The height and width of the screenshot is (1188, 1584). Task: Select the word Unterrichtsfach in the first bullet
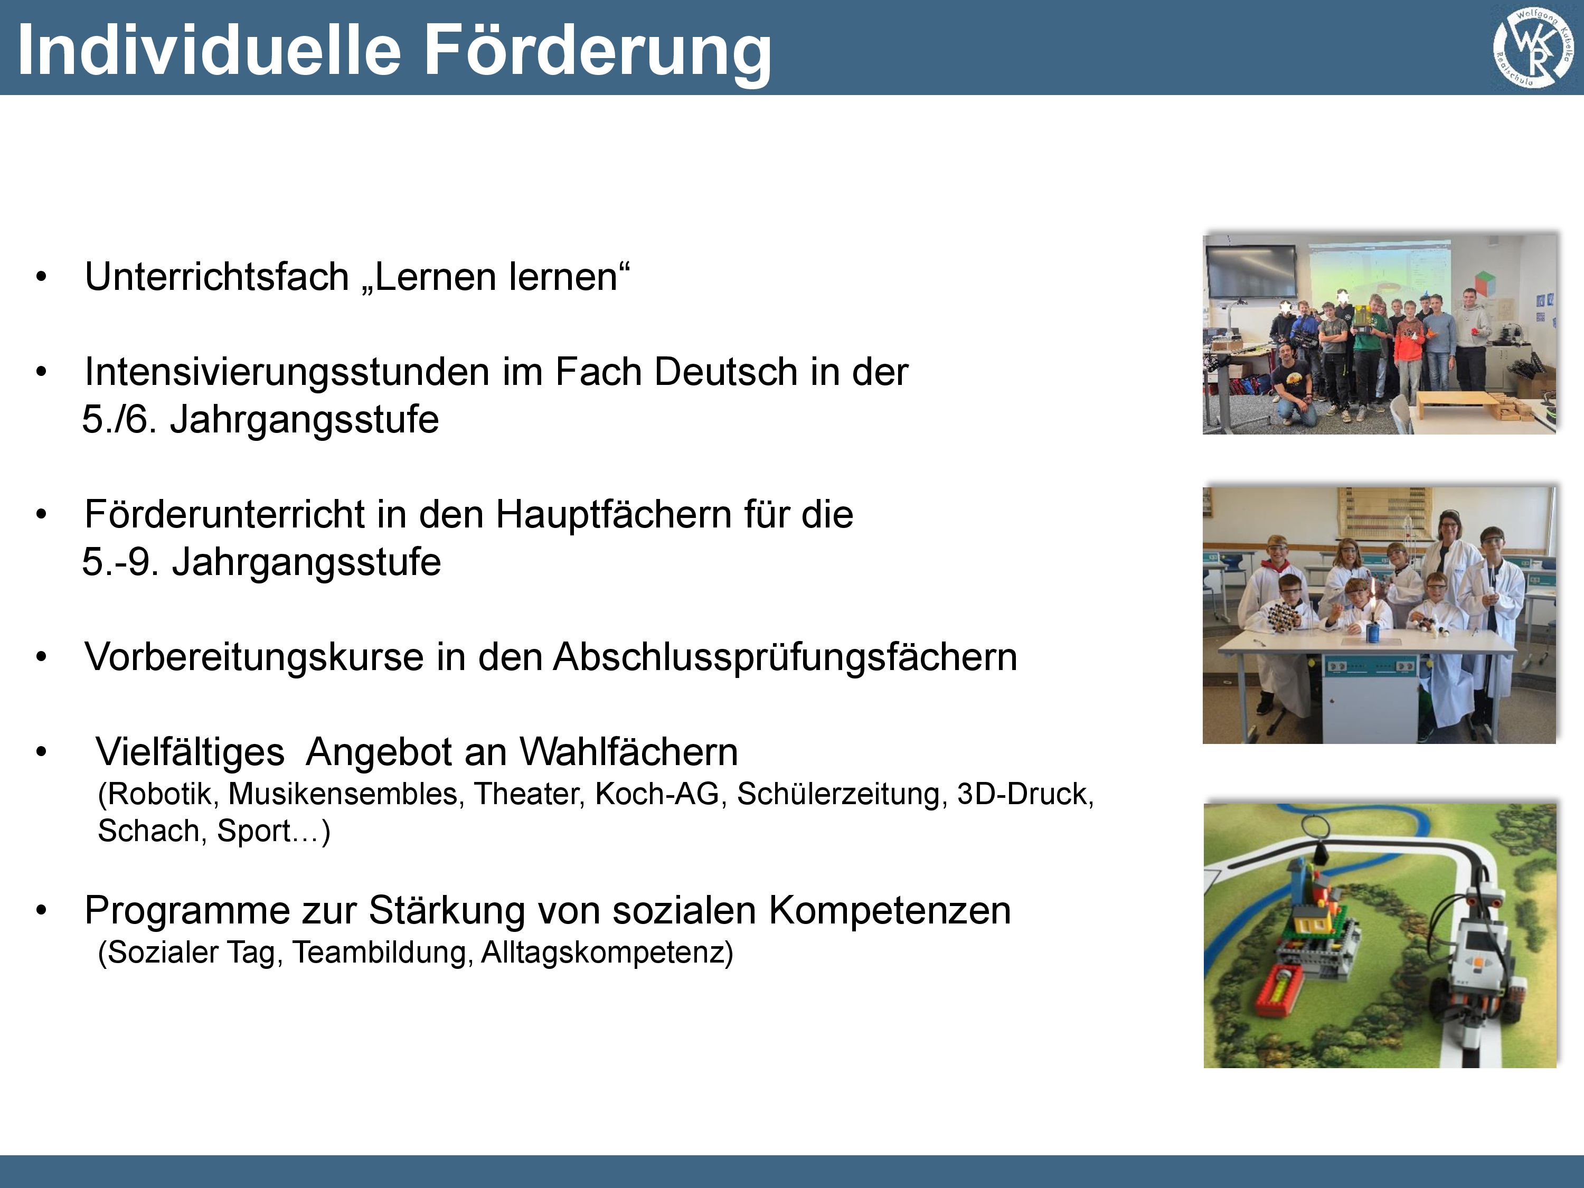coord(216,277)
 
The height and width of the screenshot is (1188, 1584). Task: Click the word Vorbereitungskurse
coord(253,657)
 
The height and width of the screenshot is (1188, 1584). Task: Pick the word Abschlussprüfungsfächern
coord(785,657)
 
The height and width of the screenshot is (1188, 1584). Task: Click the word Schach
coord(152,831)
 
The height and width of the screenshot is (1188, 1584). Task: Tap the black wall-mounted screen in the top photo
coord(1251,272)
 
